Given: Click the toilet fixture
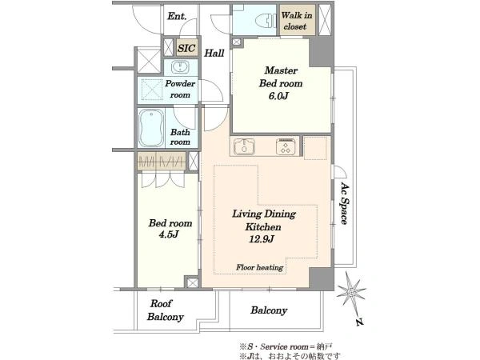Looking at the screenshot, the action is pyautogui.click(x=266, y=21).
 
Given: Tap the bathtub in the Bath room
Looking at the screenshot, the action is pyautogui.click(x=151, y=128).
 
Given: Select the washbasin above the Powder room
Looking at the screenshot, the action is pyautogui.click(x=180, y=66).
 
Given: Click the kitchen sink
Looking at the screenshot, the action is pyautogui.click(x=244, y=146).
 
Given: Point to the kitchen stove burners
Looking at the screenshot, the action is pyautogui.click(x=286, y=146).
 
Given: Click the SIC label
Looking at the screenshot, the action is pyautogui.click(x=186, y=48).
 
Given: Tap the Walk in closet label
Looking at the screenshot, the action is pyautogui.click(x=296, y=21).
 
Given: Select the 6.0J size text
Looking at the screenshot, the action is pyautogui.click(x=278, y=96).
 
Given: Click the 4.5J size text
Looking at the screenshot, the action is pyautogui.click(x=169, y=234).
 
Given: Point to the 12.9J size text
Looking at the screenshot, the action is pyautogui.click(x=261, y=238).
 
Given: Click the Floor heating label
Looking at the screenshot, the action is pyautogui.click(x=259, y=267).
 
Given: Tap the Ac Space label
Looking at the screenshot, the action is pyautogui.click(x=345, y=204).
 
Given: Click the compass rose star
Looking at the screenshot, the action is pyautogui.click(x=351, y=292).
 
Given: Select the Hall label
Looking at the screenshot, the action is pyautogui.click(x=214, y=53).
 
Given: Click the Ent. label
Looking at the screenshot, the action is pyautogui.click(x=177, y=16).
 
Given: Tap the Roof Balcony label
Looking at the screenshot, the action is pyautogui.click(x=165, y=310).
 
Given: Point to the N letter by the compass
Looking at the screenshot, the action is pyautogui.click(x=360, y=322).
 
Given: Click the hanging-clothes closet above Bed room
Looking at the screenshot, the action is pyautogui.click(x=162, y=161).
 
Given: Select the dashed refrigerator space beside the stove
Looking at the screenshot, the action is pyautogui.click(x=315, y=148).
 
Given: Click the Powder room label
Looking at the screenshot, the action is pyautogui.click(x=180, y=89).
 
